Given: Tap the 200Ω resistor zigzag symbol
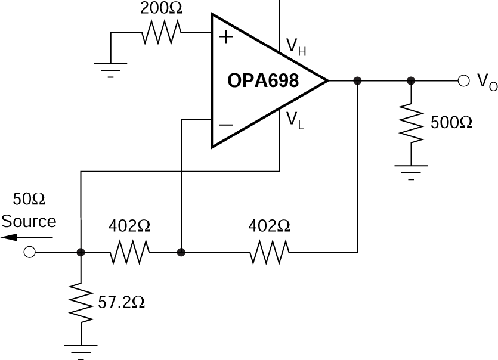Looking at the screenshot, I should tap(161, 34).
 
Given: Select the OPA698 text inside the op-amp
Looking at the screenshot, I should tap(262, 80).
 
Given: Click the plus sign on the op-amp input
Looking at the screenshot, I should tap(226, 37).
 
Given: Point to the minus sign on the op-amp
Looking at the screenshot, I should tap(226, 124).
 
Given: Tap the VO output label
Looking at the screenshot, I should tap(487, 82).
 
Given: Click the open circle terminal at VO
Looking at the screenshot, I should tap(463, 81).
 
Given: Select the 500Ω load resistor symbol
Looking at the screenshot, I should tap(411, 122).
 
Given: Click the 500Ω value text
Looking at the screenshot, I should tap(451, 122).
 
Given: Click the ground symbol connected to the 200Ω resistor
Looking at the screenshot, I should tap(111, 69).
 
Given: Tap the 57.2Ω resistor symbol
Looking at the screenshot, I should tap(81, 303).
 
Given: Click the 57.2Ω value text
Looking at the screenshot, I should tap(121, 302).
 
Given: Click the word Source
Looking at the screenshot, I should tap(29, 222).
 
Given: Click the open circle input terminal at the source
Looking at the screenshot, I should tap(29, 253).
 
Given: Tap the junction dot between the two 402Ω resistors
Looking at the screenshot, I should tap(181, 253).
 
